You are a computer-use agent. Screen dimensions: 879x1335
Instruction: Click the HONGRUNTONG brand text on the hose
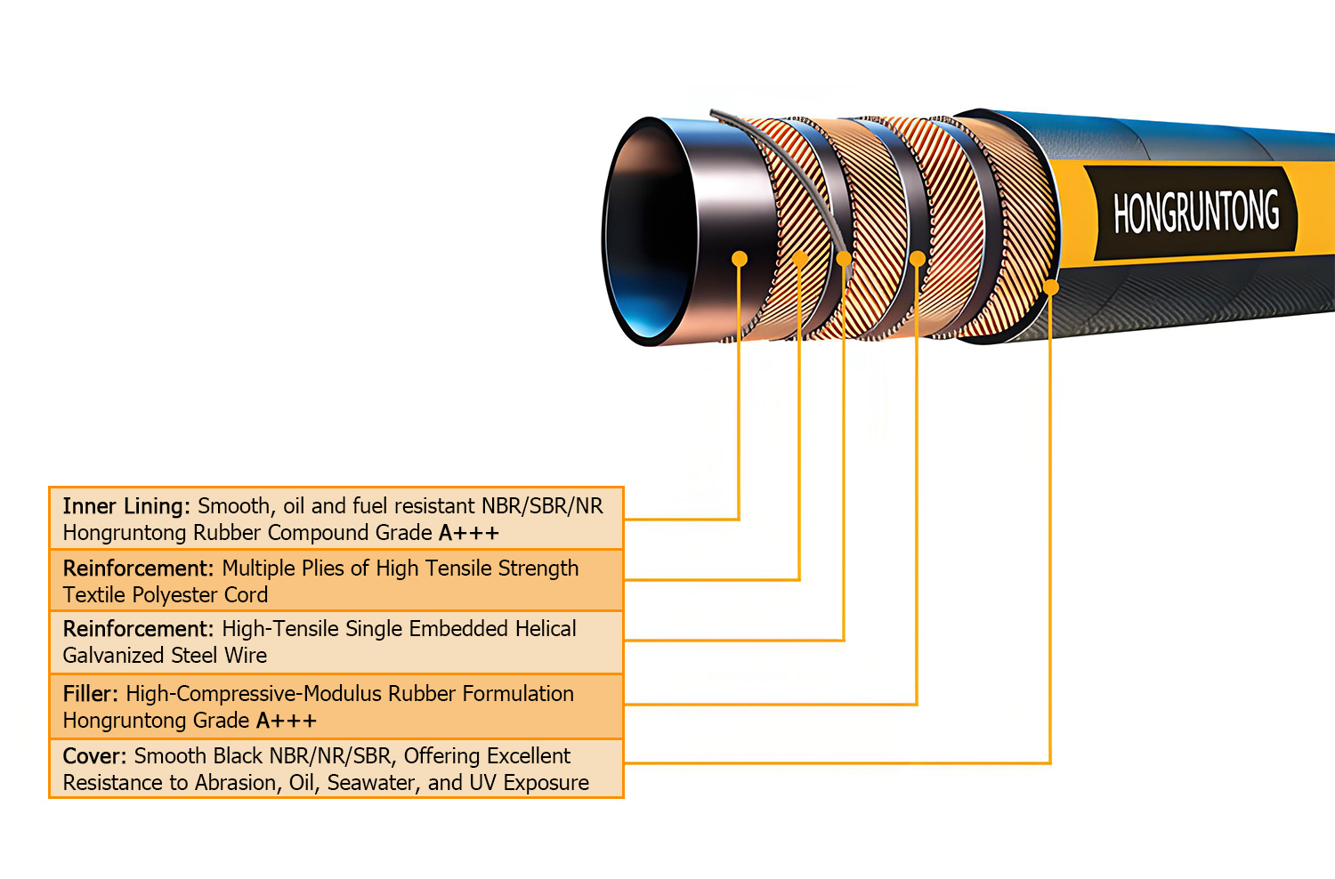click(1196, 212)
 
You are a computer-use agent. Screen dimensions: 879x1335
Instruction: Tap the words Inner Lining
click(125, 506)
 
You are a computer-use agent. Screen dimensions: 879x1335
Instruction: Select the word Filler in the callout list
click(90, 694)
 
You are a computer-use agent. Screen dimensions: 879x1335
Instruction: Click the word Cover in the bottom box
click(94, 756)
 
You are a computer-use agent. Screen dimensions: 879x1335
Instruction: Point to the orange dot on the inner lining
click(740, 259)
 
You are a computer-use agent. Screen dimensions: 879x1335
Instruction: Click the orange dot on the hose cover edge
click(1051, 287)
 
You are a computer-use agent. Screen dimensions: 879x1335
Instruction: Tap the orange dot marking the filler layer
click(917, 259)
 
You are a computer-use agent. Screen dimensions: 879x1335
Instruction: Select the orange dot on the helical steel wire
click(844, 259)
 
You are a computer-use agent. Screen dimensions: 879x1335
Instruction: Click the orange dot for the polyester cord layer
click(800, 259)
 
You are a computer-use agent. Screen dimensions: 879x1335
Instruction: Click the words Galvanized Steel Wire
click(165, 656)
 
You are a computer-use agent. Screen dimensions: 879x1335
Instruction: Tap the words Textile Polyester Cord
click(165, 595)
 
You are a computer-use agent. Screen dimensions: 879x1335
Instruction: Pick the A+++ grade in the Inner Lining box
click(469, 533)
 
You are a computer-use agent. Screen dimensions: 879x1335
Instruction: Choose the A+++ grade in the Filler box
click(287, 721)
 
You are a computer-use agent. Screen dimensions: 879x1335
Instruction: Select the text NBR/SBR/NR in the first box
click(542, 506)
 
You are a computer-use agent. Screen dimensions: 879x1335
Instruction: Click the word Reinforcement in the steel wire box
click(138, 629)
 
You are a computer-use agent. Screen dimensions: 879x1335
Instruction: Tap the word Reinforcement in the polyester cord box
click(138, 569)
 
